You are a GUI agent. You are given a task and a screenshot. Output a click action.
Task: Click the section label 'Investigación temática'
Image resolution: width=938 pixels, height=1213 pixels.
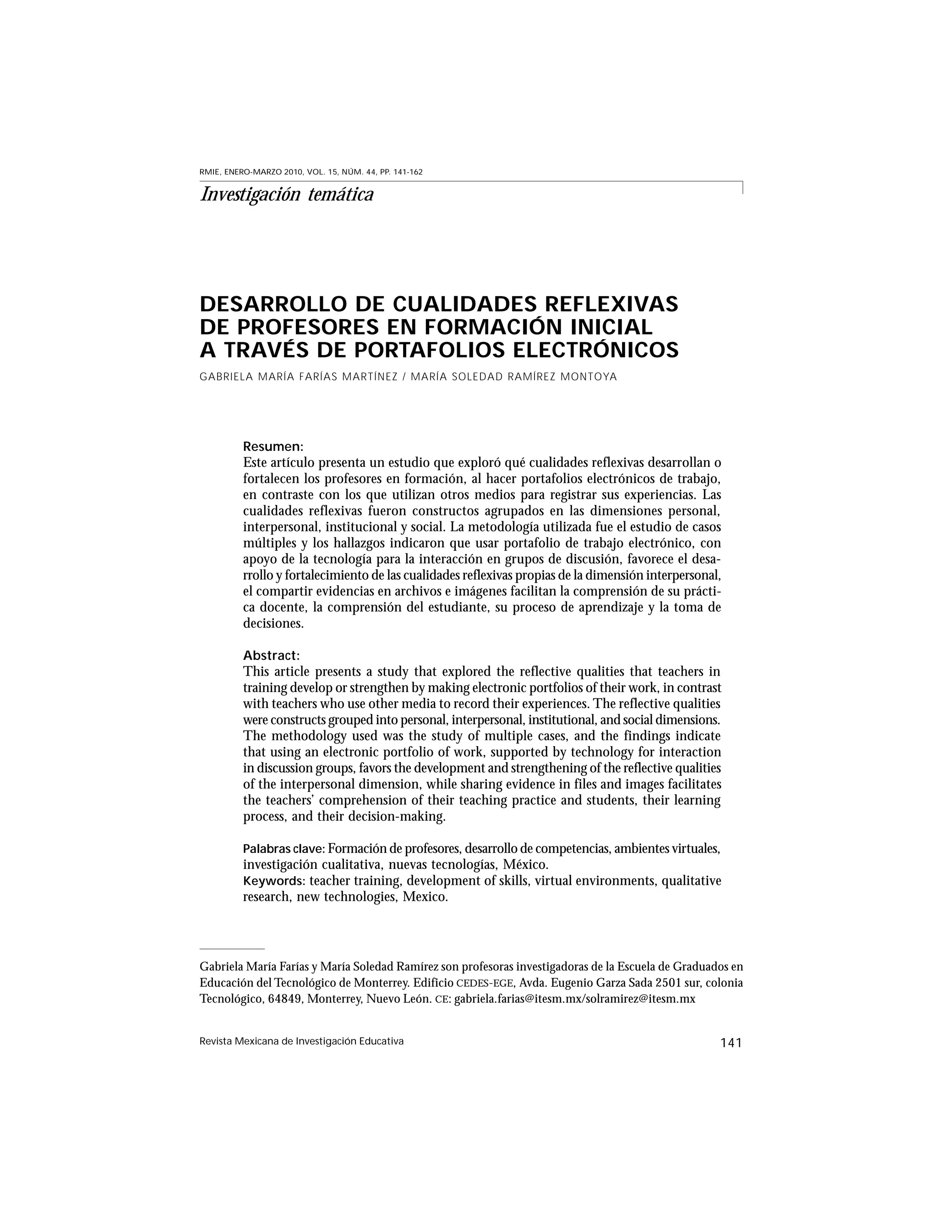click(x=286, y=195)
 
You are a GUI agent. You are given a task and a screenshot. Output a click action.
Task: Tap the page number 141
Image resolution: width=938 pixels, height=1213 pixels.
click(x=731, y=1043)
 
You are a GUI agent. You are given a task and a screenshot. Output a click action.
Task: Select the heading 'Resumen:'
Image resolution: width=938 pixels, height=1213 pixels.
click(x=273, y=446)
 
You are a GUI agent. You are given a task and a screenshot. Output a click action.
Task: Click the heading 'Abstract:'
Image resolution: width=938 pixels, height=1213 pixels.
click(x=271, y=655)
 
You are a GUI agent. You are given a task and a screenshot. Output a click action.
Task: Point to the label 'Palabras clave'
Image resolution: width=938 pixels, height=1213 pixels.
click(x=284, y=849)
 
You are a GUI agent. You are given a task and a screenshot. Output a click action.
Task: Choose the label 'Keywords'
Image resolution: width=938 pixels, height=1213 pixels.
click(x=273, y=882)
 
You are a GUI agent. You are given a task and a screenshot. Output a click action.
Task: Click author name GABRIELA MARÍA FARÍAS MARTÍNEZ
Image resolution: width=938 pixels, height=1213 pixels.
click(x=299, y=377)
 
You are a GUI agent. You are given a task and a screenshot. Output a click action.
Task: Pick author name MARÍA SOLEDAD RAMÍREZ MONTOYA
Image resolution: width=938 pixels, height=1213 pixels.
click(x=514, y=377)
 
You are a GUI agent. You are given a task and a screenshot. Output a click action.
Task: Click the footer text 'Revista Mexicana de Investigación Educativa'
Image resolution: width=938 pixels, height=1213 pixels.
click(x=301, y=1041)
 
